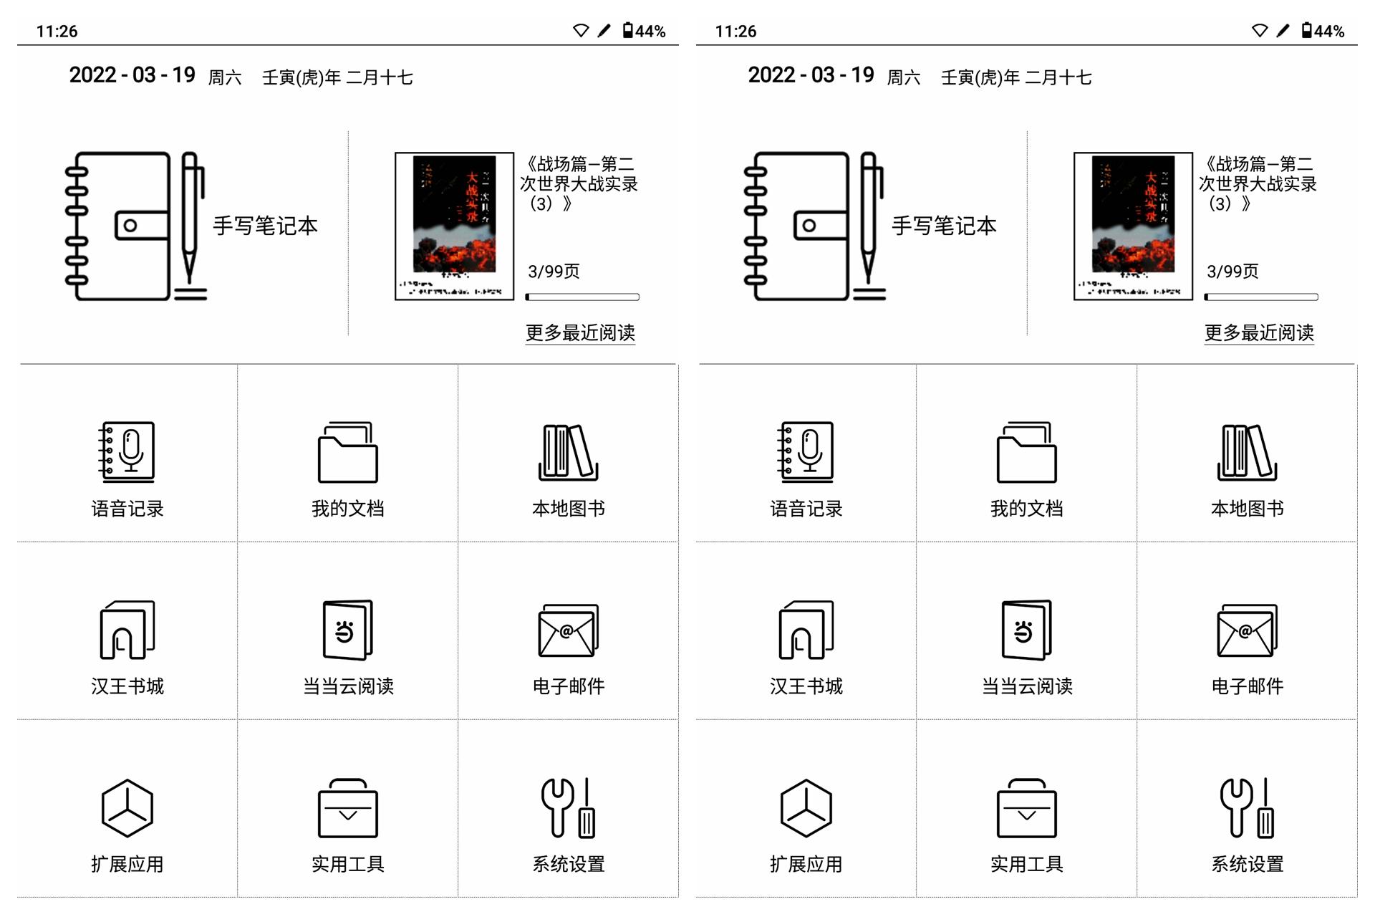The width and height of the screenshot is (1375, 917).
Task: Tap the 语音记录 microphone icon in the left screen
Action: coord(127,452)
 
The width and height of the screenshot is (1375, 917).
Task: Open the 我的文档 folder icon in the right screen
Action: coord(1026,452)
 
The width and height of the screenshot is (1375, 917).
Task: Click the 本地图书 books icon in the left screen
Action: coord(568,452)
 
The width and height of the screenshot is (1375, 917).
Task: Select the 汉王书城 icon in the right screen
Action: coord(806,630)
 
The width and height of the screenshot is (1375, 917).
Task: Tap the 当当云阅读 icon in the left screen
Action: coord(347,630)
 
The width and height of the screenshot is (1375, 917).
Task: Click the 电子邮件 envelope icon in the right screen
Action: coord(1247,630)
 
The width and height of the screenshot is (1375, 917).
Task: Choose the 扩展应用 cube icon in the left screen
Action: coord(127,808)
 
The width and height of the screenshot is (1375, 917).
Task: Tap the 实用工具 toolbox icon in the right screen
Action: coord(1026,808)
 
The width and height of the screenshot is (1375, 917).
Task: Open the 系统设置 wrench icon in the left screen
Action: coord(568,808)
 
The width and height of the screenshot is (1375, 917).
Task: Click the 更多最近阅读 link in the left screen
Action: coord(580,332)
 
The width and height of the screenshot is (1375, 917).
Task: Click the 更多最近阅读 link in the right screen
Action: coord(1259,332)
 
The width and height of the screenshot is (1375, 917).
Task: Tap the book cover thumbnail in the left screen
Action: coord(454,226)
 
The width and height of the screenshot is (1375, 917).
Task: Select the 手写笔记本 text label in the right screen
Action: coord(944,226)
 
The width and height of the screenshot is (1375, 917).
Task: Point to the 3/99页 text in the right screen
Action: coord(1232,272)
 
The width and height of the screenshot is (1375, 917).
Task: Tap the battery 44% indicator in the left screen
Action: coord(644,31)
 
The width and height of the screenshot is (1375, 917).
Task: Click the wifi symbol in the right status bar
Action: coord(1259,30)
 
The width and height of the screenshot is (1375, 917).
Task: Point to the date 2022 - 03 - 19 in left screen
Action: coord(132,75)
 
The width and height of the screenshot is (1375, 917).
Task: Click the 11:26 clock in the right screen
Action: coord(735,32)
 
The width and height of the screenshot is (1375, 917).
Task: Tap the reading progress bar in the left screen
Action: coord(582,297)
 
